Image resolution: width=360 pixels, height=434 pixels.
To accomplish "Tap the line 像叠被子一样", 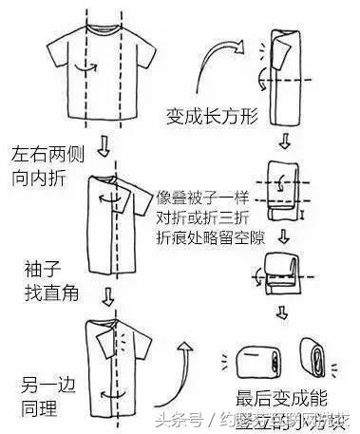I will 204,197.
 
